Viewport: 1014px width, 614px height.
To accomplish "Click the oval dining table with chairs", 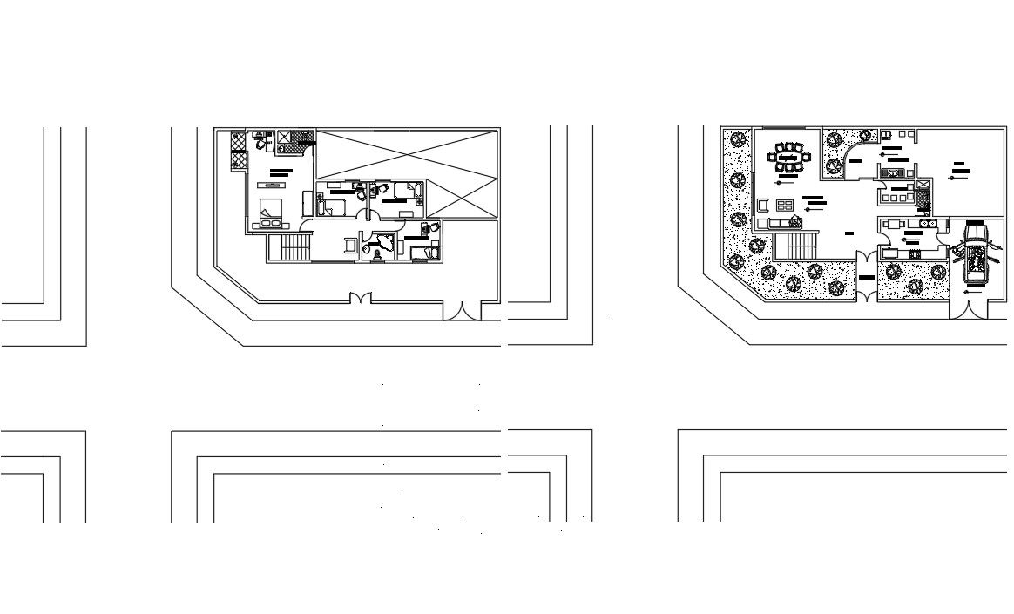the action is click(x=788, y=158).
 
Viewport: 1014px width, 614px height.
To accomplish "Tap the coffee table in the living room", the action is click(x=784, y=206).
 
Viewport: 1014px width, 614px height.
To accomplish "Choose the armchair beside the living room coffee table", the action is click(x=763, y=206).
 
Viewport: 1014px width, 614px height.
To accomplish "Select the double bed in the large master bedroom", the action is click(x=271, y=211).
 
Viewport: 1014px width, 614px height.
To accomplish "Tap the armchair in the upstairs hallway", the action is click(x=350, y=246).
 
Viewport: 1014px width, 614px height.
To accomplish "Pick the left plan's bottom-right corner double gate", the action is click(x=462, y=310).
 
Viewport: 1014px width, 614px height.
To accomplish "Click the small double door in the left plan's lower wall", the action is click(x=360, y=298).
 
